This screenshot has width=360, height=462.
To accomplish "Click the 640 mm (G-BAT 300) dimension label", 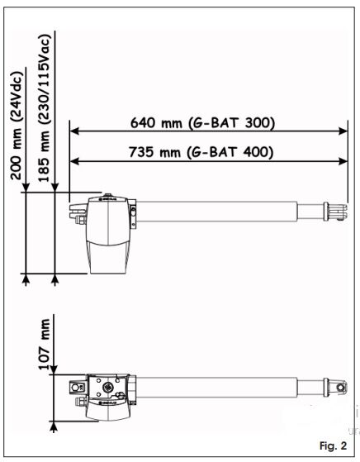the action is click(x=202, y=123).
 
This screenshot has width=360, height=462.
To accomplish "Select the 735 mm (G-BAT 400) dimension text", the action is click(x=201, y=152).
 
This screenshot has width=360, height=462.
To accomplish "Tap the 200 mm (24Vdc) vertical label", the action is click(x=16, y=126).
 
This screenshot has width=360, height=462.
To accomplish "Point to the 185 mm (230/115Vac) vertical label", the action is click(x=44, y=107).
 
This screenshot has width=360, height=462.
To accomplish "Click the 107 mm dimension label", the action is click(x=45, y=344).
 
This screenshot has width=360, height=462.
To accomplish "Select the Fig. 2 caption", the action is click(x=334, y=445).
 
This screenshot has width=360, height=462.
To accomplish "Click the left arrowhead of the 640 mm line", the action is click(x=74, y=131).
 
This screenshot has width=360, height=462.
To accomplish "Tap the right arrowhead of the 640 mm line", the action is click(x=343, y=131).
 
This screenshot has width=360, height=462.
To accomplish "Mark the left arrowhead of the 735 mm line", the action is click(x=74, y=161).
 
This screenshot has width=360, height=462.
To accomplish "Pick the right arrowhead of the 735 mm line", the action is click(x=343, y=161).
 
